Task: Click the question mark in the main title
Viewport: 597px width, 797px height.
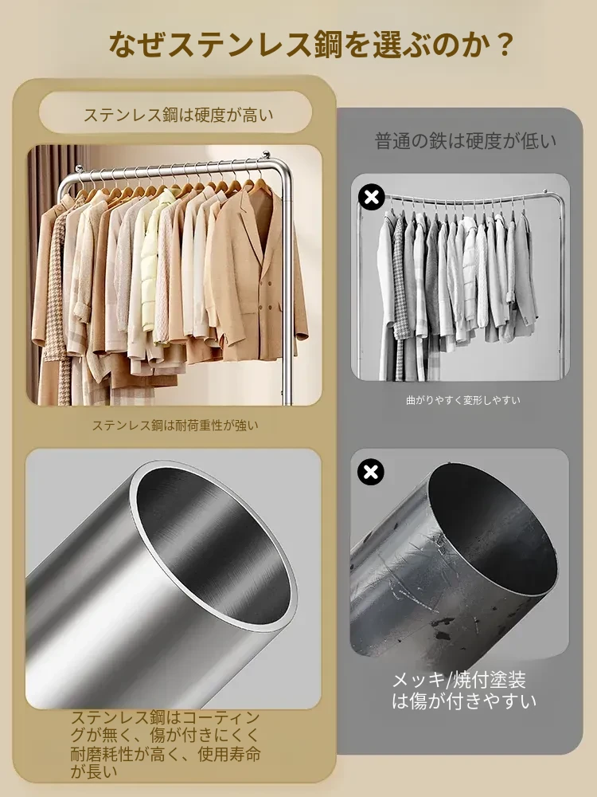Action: (502, 45)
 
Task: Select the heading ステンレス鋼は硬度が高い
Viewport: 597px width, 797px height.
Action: (178, 115)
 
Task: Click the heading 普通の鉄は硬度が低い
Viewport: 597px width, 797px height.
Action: (465, 141)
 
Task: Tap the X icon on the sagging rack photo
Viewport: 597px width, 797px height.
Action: (372, 197)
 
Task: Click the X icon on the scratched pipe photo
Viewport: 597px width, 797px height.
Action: (371, 472)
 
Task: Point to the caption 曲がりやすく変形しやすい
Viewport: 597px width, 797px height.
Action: (463, 400)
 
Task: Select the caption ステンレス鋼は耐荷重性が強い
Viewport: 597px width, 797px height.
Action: (175, 425)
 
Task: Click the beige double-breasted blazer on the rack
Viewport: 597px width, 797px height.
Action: (254, 274)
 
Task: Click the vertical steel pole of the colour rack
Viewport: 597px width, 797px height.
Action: (288, 285)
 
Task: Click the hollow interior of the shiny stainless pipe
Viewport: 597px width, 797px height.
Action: (213, 544)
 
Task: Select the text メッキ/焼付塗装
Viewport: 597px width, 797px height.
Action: (459, 680)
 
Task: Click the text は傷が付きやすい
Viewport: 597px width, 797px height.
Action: (464, 701)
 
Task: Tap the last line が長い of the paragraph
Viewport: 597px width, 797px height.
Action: (94, 771)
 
